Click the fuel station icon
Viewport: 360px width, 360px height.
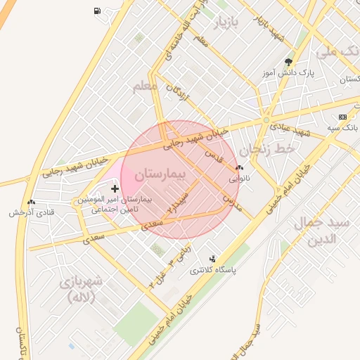pos(96,11)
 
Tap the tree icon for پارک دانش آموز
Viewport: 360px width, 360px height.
pos(289,62)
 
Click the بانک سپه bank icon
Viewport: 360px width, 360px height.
pos(342,117)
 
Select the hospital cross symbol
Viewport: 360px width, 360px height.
pos(115,189)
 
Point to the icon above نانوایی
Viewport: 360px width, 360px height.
pos(240,168)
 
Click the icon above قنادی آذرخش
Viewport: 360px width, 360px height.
pos(30,202)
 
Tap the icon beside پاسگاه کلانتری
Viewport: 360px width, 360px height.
pos(213,259)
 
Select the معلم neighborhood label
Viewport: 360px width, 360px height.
pos(145,86)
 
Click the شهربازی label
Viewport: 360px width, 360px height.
pos(83,288)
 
